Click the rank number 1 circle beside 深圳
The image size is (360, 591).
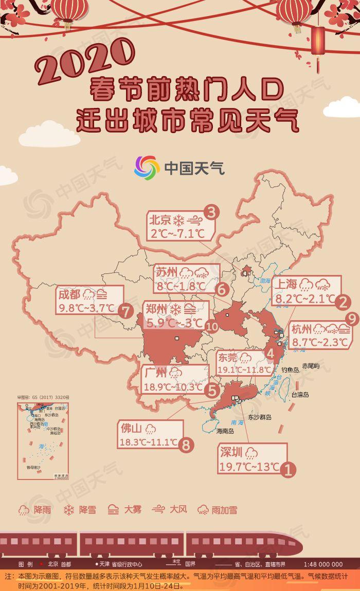pyautogui.click(x=289, y=469)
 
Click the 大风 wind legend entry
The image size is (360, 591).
pyautogui.click(x=169, y=510)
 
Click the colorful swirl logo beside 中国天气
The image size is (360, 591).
pyautogui.click(x=147, y=168)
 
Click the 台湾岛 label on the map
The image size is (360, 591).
pyautogui.click(x=300, y=395)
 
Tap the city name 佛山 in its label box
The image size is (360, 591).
pyautogui.click(x=131, y=429)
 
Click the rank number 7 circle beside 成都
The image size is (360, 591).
pyautogui.click(x=125, y=311)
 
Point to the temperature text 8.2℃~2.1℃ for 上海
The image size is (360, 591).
pyautogui.click(x=305, y=298)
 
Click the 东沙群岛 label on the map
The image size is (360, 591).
pyautogui.click(x=260, y=417)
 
